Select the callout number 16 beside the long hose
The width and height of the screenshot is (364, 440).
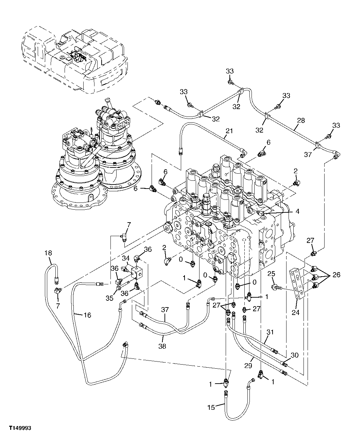click(x=87, y=315)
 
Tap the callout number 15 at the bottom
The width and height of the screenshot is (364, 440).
click(x=211, y=407)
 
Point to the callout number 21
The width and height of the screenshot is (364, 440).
click(x=229, y=131)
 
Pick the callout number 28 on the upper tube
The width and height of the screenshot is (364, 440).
click(x=301, y=120)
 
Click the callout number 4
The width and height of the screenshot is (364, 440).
click(x=297, y=211)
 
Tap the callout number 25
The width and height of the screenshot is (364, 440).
click(x=271, y=274)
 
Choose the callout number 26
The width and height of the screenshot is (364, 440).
click(x=336, y=275)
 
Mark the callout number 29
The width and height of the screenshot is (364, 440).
click(x=248, y=366)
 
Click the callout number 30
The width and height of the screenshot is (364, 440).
click(x=294, y=355)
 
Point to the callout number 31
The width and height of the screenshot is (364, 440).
click(x=270, y=332)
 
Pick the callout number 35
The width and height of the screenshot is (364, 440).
click(x=109, y=298)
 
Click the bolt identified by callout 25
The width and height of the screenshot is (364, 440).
click(x=278, y=287)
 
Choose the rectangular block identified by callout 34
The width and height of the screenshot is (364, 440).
click(x=139, y=272)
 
